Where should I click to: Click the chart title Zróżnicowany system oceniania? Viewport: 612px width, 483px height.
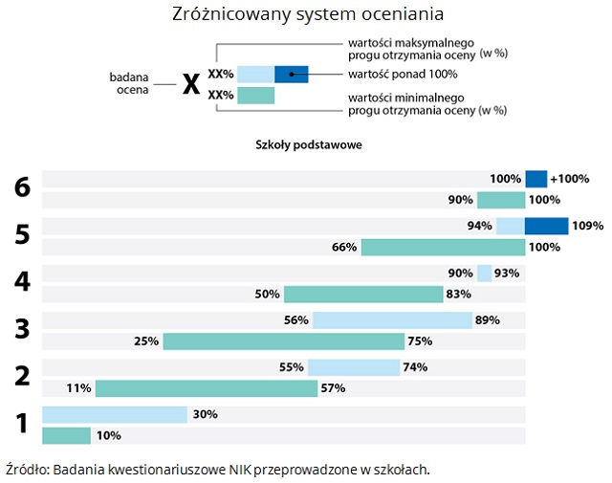(x=308, y=15)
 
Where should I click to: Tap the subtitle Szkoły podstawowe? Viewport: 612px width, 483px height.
(x=308, y=144)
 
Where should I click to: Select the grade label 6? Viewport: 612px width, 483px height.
(x=22, y=188)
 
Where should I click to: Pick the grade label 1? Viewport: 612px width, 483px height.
(x=22, y=424)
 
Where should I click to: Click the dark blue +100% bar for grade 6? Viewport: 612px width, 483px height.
(x=535, y=179)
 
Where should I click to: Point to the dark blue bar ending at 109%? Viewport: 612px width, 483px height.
(x=547, y=226)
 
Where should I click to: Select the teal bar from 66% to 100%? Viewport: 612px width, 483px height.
(x=443, y=248)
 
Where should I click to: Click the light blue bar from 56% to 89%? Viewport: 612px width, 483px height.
(x=392, y=319)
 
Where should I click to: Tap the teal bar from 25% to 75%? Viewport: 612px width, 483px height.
(x=283, y=341)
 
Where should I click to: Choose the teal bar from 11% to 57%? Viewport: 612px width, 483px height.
(x=206, y=388)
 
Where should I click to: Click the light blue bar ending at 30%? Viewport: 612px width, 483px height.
(x=114, y=414)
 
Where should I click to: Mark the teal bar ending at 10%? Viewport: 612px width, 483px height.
(x=66, y=436)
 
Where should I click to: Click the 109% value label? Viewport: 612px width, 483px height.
(x=588, y=226)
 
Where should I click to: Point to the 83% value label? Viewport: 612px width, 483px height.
(x=459, y=295)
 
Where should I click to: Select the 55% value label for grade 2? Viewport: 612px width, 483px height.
(x=292, y=367)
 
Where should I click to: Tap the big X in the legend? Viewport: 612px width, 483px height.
(x=191, y=83)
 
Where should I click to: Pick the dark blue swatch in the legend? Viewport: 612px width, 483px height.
(x=291, y=74)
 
